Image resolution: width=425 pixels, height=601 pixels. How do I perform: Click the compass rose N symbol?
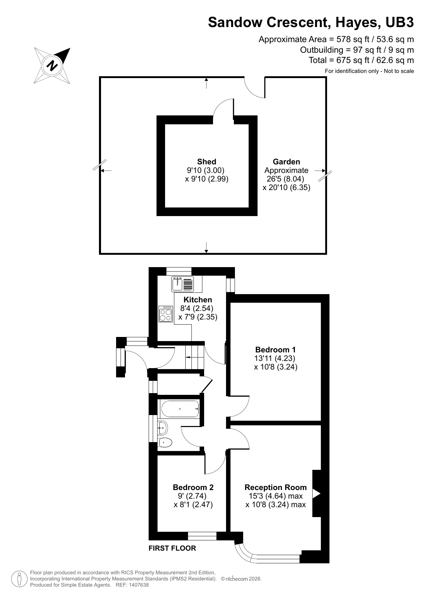[x=52, y=65]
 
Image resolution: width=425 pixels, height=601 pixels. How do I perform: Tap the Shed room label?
[x=207, y=162]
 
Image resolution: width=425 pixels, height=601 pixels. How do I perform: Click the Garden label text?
[x=286, y=162]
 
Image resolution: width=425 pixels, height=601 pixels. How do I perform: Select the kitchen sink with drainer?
[x=183, y=284]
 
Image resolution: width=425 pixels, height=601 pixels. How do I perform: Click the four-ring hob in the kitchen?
[x=165, y=314]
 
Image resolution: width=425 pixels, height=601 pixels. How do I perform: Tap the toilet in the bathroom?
[x=165, y=443]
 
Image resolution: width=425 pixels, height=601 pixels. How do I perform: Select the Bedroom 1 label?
[x=275, y=350]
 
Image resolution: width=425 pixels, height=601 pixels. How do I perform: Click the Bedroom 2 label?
[x=193, y=487]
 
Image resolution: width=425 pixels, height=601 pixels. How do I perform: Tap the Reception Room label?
[x=275, y=487]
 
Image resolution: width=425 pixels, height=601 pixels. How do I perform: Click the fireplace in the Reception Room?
[x=316, y=493]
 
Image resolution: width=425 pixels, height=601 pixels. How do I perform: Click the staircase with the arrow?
[x=194, y=357]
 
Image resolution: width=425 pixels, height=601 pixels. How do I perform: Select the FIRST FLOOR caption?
[x=172, y=548]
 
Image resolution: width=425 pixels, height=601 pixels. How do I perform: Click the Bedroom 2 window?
[x=202, y=536]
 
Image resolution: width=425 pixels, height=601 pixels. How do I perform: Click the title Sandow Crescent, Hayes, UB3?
[x=311, y=22]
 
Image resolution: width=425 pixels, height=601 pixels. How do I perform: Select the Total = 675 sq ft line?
[x=361, y=60]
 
